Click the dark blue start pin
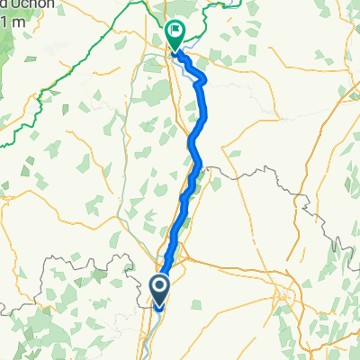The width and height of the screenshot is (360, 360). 160,287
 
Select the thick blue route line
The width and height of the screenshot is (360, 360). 192,144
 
